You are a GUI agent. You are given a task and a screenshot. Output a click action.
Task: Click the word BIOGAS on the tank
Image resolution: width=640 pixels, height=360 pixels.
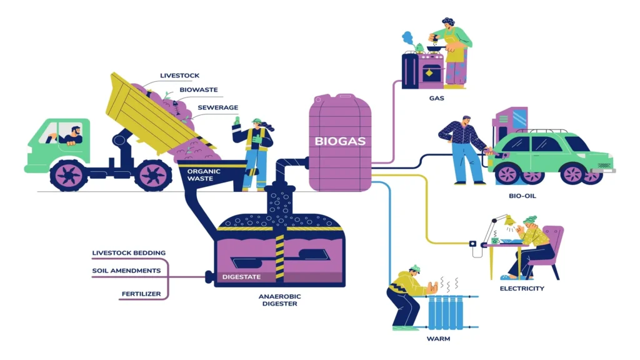[x=340, y=141]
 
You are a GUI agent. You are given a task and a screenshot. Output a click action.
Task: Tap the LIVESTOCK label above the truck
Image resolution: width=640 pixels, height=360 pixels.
[x=179, y=76]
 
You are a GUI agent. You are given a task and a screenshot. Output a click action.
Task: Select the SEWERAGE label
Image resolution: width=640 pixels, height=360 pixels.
[x=217, y=107]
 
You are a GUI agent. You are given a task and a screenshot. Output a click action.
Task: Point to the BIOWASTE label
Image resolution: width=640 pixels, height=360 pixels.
[x=198, y=90]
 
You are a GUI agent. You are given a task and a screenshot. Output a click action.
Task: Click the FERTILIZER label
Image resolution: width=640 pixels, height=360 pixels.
[x=141, y=294]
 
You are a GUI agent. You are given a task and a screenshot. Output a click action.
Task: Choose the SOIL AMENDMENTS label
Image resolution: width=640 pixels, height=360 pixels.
[x=126, y=271]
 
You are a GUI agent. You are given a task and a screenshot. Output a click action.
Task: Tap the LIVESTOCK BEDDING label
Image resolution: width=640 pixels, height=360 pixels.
[x=129, y=253]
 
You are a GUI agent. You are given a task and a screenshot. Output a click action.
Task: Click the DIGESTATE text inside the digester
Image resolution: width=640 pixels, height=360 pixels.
[x=241, y=277]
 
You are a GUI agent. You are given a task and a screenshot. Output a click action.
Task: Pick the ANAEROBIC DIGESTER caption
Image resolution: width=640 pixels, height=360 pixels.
[x=279, y=300]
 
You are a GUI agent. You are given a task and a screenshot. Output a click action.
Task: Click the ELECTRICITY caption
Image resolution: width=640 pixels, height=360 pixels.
[x=522, y=289]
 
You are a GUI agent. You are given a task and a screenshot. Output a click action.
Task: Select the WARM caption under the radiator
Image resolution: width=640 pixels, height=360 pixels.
[x=438, y=339]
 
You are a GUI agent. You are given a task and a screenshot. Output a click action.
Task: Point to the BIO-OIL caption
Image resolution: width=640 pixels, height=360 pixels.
[x=522, y=196]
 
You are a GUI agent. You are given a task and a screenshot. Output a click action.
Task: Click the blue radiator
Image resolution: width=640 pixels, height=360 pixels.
[x=445, y=312]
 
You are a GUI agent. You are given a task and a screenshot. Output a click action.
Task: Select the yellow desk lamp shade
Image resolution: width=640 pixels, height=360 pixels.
[x=509, y=221]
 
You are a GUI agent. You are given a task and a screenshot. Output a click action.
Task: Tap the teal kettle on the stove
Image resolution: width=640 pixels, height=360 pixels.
[x=419, y=47]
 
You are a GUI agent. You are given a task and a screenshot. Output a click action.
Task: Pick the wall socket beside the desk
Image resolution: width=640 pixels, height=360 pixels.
[x=472, y=244]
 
